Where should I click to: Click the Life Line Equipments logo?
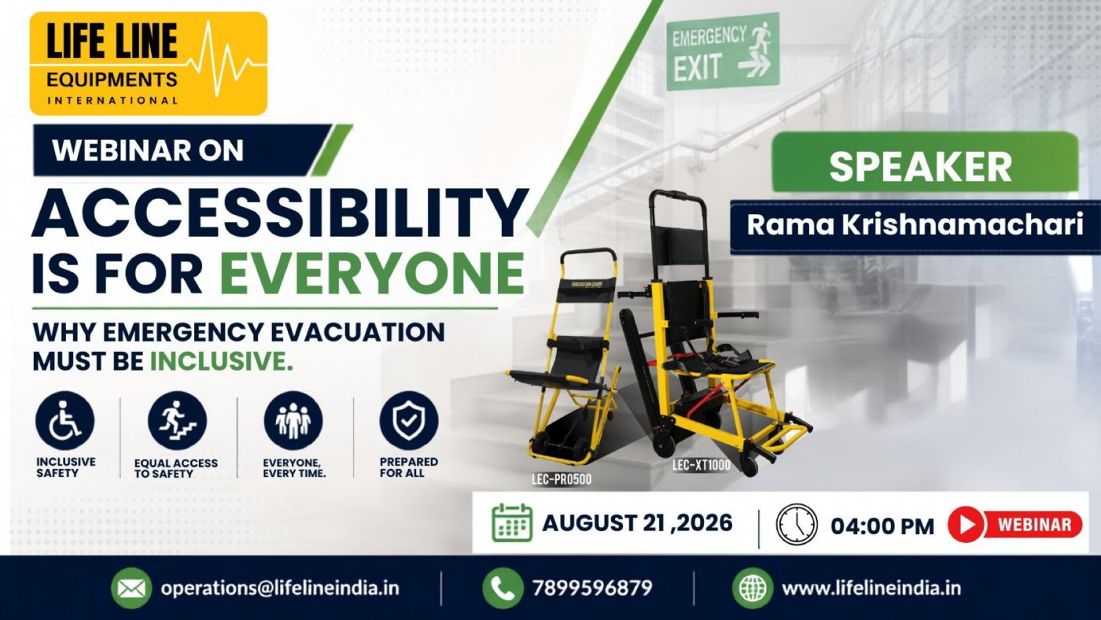click(x=149, y=64)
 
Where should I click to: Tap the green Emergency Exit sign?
click(x=723, y=52)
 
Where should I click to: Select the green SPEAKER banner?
click(x=925, y=162)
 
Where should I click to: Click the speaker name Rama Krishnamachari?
click(x=915, y=225)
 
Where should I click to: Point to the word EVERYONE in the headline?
click(x=371, y=273)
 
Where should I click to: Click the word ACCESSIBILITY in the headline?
click(x=280, y=214)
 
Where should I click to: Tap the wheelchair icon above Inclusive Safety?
click(x=64, y=421)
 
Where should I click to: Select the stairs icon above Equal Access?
click(x=177, y=421)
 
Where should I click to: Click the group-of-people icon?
click(x=293, y=421)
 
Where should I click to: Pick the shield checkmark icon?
click(x=409, y=421)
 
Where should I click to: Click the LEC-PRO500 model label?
click(x=562, y=479)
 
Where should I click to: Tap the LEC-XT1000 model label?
click(x=701, y=465)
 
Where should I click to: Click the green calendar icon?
click(x=512, y=522)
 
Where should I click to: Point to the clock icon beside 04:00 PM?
click(x=797, y=525)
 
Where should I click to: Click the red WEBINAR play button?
click(x=1015, y=525)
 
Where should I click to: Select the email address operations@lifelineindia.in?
click(x=280, y=588)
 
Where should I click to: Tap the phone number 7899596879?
click(x=592, y=588)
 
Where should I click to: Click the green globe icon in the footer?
click(x=753, y=588)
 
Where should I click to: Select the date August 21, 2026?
click(x=638, y=522)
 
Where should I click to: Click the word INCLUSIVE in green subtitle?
click(x=221, y=361)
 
